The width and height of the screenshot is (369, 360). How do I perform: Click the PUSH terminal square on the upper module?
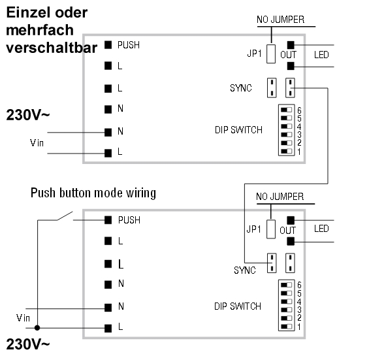[x=107, y=45]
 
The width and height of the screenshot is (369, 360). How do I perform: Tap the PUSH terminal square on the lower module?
[x=107, y=221]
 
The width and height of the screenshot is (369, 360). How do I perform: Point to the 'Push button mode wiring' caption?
[x=93, y=194]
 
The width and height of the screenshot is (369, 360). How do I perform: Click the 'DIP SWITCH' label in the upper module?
[x=238, y=130]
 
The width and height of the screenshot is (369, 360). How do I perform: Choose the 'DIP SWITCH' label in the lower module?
[x=238, y=306]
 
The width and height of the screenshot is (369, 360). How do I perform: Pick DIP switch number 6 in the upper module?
[x=285, y=108]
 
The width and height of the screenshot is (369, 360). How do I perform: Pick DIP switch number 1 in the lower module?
[x=285, y=327]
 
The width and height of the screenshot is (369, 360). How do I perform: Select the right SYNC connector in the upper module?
[x=290, y=88]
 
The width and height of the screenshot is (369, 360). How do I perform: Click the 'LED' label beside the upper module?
[x=321, y=54]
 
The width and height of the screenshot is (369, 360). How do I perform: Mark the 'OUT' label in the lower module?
[x=287, y=231]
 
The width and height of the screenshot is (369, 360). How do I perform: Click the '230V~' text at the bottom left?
[x=28, y=345]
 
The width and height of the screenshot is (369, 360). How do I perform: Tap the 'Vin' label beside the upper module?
[x=39, y=142]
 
